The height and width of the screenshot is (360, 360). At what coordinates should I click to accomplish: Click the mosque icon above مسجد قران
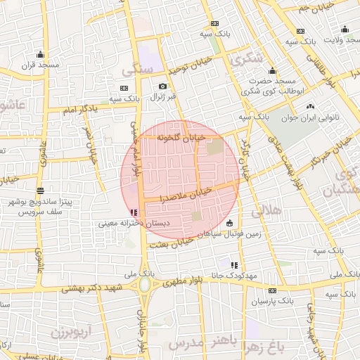pos(40,54)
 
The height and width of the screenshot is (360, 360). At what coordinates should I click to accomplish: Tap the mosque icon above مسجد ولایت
pos(345,30)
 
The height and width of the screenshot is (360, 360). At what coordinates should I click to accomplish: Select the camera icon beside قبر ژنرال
pos(163,86)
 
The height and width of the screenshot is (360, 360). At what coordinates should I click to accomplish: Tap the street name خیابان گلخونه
pos(181,136)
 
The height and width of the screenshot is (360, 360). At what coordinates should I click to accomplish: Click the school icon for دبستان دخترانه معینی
pos(134,212)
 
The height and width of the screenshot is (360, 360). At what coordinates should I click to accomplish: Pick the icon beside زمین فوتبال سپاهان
pos(230,224)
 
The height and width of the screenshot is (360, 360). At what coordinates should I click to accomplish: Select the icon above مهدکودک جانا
pos(234,265)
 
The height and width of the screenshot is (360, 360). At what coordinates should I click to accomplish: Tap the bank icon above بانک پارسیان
pos(272,290)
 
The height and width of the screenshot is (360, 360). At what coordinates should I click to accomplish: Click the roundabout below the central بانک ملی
pos(144,285)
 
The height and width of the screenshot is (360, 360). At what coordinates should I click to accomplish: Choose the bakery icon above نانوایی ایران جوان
pos(310,107)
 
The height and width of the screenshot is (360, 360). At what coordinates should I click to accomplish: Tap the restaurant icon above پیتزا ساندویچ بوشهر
pos(40,190)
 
